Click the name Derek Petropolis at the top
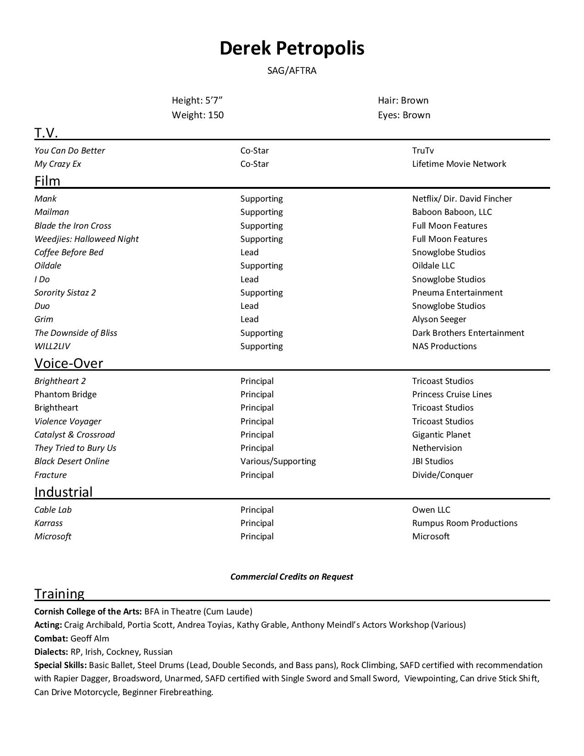(292, 48)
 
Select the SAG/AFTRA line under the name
(292, 71)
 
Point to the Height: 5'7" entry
(197, 100)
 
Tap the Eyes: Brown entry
(404, 115)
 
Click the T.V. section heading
(46, 133)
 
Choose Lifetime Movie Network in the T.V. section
(458, 164)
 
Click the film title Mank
(45, 199)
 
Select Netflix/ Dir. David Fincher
(462, 199)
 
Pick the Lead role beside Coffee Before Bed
(249, 252)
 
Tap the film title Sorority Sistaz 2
(65, 293)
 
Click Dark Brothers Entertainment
(468, 333)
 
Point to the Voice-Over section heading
(69, 363)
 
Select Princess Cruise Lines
(452, 394)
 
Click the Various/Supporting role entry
(278, 461)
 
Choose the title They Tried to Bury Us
(75, 448)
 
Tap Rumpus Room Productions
(464, 523)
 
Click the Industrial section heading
(63, 492)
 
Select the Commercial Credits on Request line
(291, 577)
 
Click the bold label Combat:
(51, 639)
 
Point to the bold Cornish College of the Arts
(88, 612)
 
